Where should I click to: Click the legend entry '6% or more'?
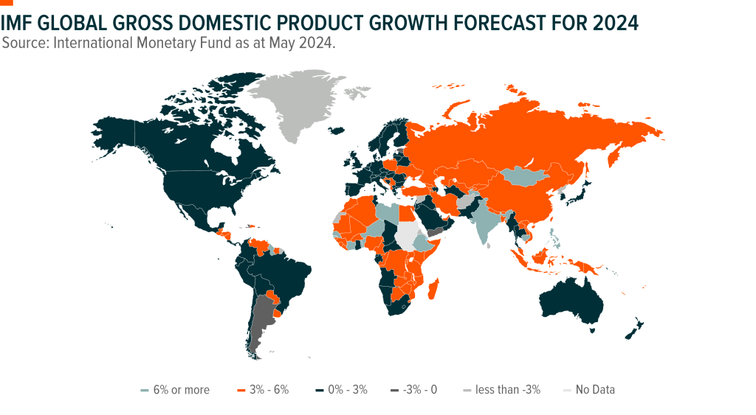175,390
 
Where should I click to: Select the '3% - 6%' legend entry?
264,390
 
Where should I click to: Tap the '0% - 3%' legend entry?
342,390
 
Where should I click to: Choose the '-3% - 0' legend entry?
414,390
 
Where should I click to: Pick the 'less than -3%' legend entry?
502,390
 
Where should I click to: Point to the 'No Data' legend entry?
589,390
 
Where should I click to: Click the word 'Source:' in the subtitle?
25,43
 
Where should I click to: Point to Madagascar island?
433,289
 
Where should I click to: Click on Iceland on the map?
336,130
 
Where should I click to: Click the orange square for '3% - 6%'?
241,391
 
